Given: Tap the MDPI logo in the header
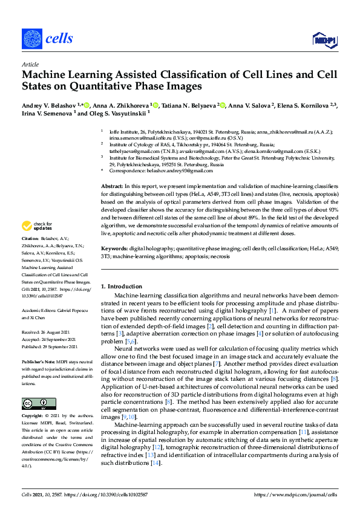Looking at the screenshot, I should click(323, 40).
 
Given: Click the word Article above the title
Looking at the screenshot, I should click(30, 64).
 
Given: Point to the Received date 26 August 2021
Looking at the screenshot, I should click(46, 332).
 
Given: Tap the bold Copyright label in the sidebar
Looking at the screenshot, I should click(34, 417).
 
